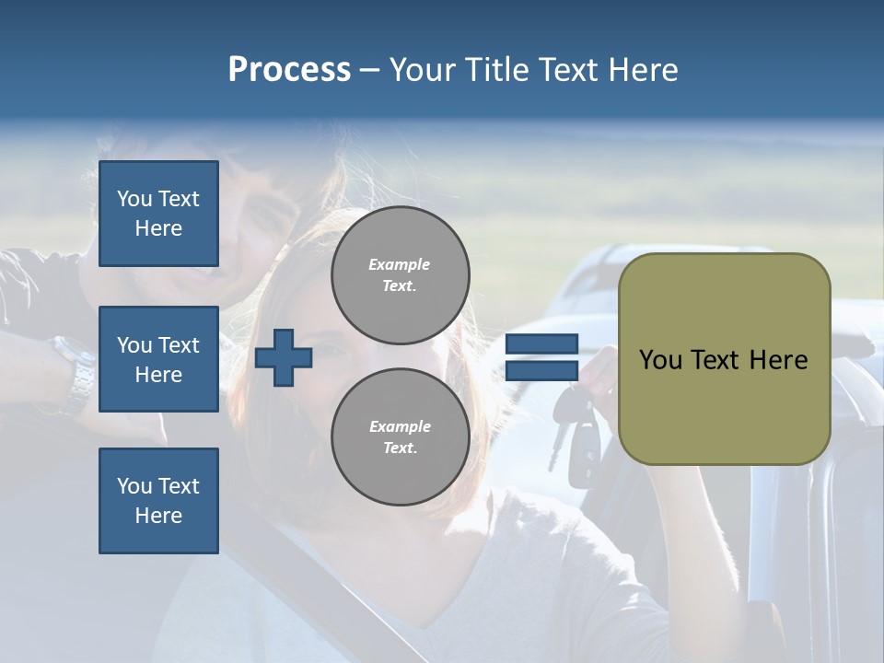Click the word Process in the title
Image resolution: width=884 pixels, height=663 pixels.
pos(289,69)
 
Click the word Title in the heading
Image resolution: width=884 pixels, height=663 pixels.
pos(495,69)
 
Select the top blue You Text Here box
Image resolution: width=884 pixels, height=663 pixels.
pos(158,214)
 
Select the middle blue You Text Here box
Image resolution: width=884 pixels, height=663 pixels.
pos(158,359)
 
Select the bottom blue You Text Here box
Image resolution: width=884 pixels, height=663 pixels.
pos(158,501)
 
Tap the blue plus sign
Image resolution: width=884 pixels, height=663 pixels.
pos(284,357)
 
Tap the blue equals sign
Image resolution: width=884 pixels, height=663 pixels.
pos(541,357)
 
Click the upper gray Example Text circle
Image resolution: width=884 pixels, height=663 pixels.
pos(400,275)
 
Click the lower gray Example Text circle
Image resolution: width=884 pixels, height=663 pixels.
pos(400,436)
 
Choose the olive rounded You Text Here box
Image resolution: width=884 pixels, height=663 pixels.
pos(724,359)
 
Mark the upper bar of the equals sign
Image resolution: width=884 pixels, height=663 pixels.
pos(541,344)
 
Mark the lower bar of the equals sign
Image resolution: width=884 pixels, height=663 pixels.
pos(541,370)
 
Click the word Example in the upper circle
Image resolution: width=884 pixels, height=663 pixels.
pos(400,264)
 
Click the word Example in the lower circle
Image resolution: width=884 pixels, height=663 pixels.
pos(400,426)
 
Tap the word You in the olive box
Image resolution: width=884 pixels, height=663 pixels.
pos(660,359)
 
